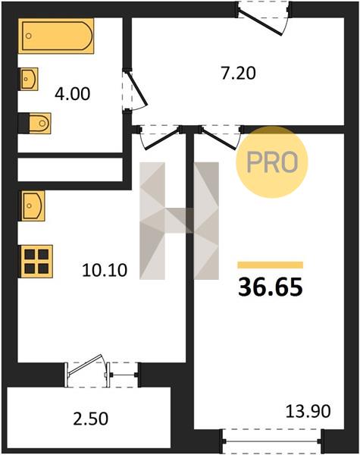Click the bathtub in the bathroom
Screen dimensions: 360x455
[x=56, y=36]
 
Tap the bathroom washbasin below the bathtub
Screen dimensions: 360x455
[x=29, y=79]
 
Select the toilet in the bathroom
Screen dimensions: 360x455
[x=35, y=124]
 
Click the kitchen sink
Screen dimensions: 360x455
[x=32, y=206]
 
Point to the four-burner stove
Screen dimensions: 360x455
[x=36, y=262]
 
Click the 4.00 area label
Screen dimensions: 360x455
[x=73, y=94]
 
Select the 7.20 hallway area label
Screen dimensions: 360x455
[x=238, y=74]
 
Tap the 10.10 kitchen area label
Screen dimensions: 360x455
[x=105, y=270]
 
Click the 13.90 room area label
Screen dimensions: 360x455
[x=308, y=411]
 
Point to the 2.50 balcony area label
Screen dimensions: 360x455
[x=91, y=419]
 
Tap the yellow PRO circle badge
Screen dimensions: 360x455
[x=272, y=162]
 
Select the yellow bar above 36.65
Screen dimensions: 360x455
[x=271, y=265]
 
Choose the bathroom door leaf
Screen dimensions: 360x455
[x=137, y=90]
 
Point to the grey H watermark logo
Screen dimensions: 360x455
[x=179, y=221]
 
